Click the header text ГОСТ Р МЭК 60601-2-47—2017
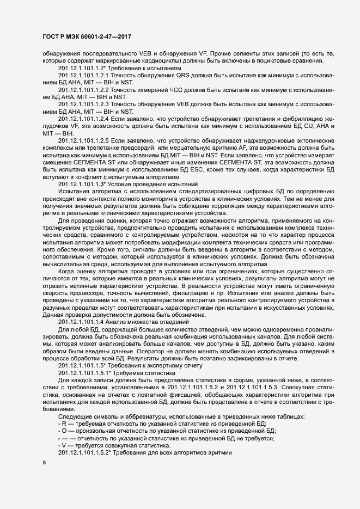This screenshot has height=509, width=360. pyautogui.click(x=87, y=38)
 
